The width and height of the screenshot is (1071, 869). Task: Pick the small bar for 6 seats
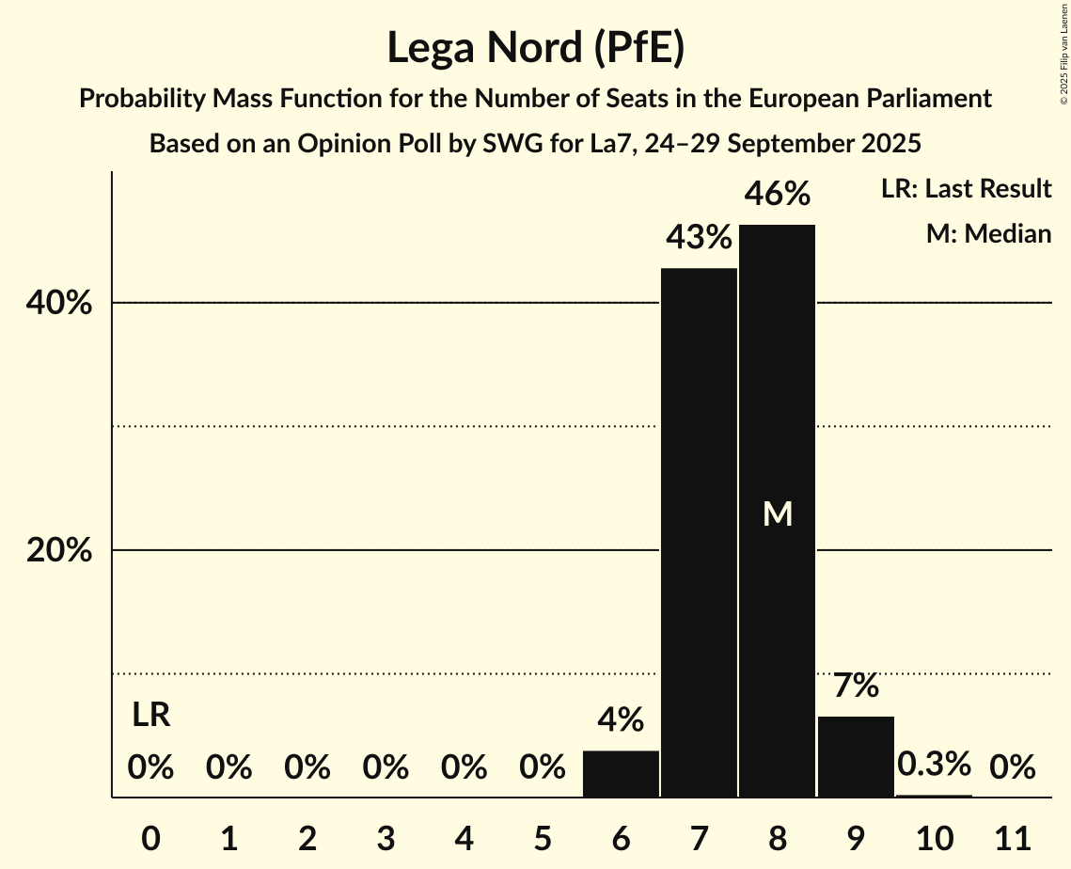[x=621, y=774]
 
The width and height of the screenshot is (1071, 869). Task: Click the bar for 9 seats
[x=856, y=757]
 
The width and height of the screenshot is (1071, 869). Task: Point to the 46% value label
[x=777, y=194]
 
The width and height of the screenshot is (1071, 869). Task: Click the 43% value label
[x=699, y=238]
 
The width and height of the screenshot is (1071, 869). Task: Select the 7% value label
[x=856, y=686]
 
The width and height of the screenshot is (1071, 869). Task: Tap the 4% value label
[x=621, y=720]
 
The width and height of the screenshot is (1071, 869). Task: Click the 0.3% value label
[x=934, y=765]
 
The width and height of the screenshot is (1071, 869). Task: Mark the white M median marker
[x=777, y=513]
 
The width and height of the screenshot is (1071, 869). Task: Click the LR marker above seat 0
[x=150, y=716]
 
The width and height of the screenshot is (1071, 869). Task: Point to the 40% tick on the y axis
[x=58, y=304]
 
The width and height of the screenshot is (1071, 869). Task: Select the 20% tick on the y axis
[x=58, y=551]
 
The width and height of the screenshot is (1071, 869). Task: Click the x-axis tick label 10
[x=934, y=837]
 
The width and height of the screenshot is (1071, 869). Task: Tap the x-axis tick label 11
[x=1012, y=837]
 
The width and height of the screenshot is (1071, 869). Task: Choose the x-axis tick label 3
[x=386, y=837]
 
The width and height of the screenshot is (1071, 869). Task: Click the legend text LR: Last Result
[x=966, y=189]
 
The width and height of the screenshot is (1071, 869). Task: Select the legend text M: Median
[x=988, y=233]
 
